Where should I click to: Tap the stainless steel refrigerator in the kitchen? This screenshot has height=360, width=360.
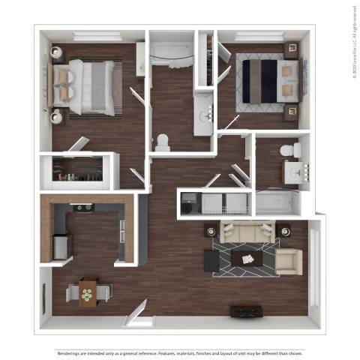coord(61,245)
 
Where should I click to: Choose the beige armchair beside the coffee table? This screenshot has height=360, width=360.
coord(288,261)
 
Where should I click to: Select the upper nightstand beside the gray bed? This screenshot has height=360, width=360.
coord(57,53)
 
